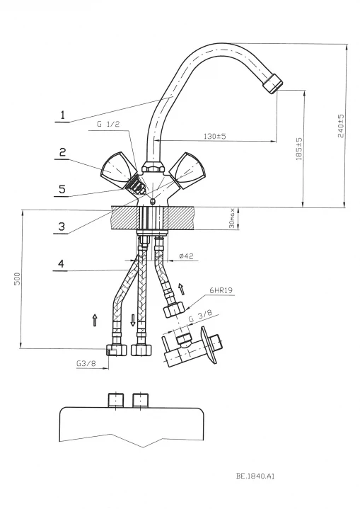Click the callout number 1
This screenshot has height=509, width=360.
point(63,115)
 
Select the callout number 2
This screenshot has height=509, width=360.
point(62,152)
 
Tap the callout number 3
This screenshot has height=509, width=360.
point(62,226)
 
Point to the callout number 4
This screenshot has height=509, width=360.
point(62,263)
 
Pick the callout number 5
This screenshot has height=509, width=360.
point(62,189)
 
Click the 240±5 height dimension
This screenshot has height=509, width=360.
point(341,125)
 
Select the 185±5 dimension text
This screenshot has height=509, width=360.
point(299,149)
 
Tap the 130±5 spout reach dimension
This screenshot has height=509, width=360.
point(215,136)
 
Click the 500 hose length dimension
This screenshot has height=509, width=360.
point(17,279)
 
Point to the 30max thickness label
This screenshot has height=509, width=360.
point(231,218)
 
